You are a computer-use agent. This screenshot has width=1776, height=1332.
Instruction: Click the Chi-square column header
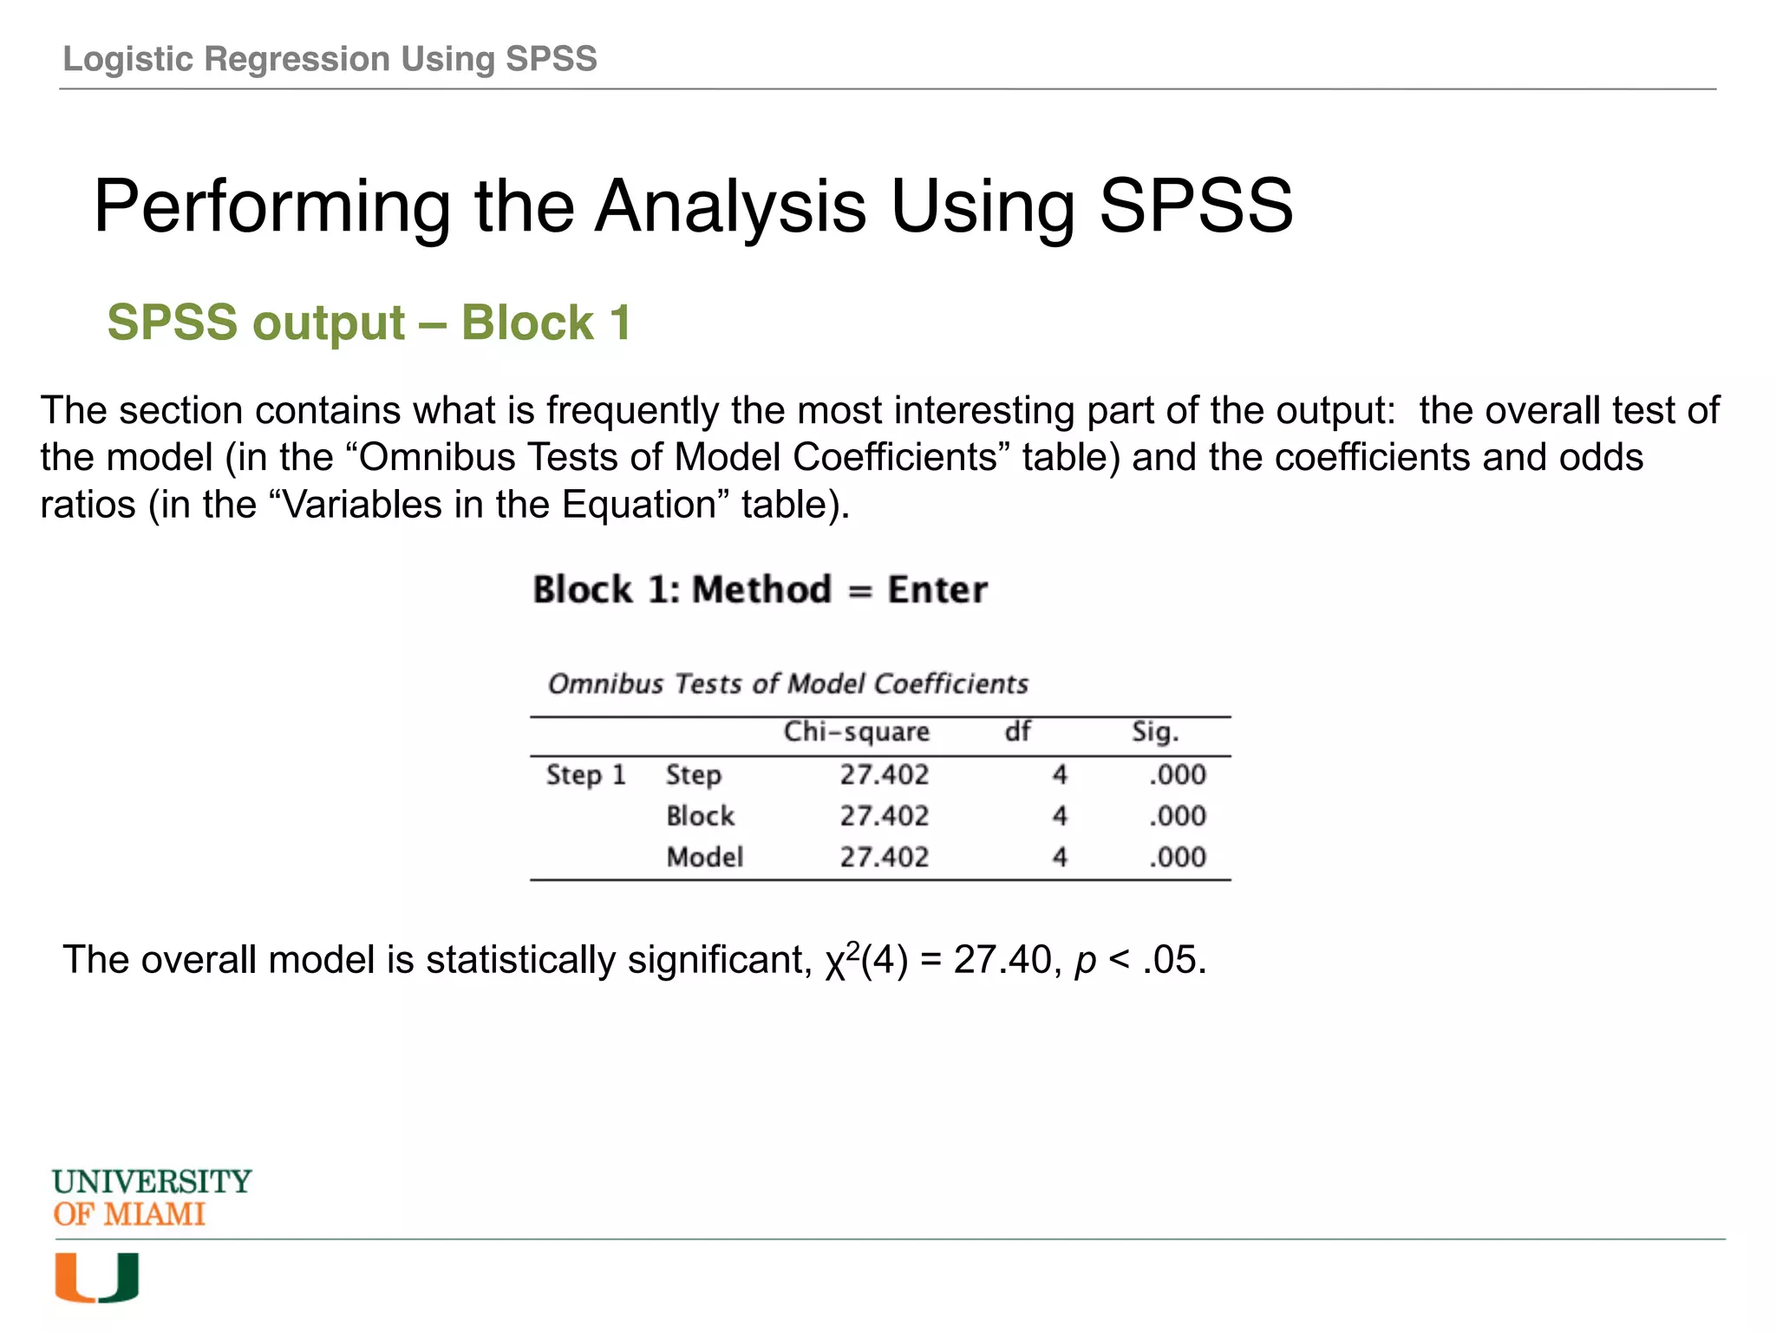tap(856, 732)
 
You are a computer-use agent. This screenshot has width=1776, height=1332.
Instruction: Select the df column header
tap(1017, 731)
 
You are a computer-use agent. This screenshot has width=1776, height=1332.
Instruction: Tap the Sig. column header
tap(1155, 732)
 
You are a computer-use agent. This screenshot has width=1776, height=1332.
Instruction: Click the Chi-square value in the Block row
tap(884, 816)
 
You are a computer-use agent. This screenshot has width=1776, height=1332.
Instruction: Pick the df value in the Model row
tap(1060, 858)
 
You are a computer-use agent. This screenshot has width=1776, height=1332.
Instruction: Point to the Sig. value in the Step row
tap(1177, 774)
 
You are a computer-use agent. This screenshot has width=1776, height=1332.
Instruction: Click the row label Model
tap(704, 858)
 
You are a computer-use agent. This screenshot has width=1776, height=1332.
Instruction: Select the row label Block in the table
tap(700, 816)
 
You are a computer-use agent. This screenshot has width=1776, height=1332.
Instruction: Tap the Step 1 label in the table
tap(585, 774)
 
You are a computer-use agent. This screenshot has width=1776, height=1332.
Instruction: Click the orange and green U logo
tap(96, 1277)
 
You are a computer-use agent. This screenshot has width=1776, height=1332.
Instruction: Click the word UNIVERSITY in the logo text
tap(152, 1181)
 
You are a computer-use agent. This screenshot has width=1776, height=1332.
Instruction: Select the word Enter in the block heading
tap(937, 590)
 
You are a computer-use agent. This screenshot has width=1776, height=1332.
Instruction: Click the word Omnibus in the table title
tap(605, 684)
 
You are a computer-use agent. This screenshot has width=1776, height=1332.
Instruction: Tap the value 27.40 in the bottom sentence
tap(1002, 960)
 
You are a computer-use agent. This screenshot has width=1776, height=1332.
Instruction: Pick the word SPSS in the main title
tap(1196, 206)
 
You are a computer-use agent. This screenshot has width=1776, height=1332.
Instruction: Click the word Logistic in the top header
tap(129, 59)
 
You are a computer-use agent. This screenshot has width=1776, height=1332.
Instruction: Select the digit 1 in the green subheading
tap(619, 323)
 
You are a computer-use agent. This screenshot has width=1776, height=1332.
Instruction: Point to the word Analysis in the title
tap(730, 206)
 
